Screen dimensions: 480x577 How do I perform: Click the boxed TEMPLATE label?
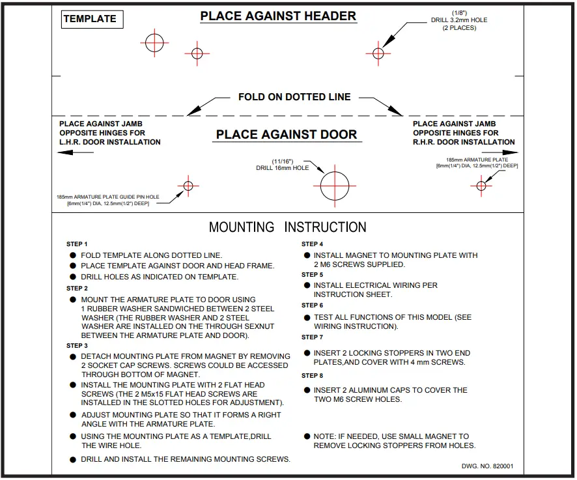click(90, 19)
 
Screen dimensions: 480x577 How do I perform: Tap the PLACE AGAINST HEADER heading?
click(278, 16)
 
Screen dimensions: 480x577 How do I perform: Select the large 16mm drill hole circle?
click(335, 186)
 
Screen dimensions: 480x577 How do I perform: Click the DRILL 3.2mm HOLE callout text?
click(460, 20)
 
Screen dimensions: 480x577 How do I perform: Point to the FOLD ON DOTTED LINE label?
click(294, 97)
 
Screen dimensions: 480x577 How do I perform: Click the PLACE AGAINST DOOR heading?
click(287, 135)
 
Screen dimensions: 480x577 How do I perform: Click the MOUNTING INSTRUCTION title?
click(287, 227)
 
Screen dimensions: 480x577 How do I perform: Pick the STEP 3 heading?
click(77, 346)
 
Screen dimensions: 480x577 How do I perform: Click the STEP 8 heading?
click(312, 376)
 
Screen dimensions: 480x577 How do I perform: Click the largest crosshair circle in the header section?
click(154, 43)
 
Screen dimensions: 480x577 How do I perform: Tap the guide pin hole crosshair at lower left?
click(188, 186)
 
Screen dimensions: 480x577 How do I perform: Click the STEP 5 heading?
click(312, 275)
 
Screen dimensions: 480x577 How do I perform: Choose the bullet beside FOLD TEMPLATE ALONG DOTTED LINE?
click(73, 256)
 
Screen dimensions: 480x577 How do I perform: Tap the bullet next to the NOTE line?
click(307, 436)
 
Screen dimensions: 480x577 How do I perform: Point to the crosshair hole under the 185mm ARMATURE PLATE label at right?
click(481, 186)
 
